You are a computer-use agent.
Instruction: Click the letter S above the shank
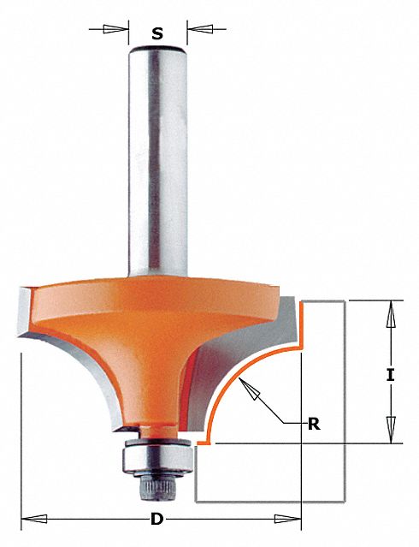click(x=157, y=34)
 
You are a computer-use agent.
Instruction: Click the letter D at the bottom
click(x=156, y=520)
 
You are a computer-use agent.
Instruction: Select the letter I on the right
click(x=391, y=375)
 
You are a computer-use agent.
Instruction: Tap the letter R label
click(x=314, y=425)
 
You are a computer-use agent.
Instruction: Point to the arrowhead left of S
click(x=115, y=29)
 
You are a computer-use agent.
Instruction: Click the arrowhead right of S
click(x=200, y=29)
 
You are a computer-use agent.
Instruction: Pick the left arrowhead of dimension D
click(x=34, y=519)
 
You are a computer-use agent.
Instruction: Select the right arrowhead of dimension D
click(x=287, y=519)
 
